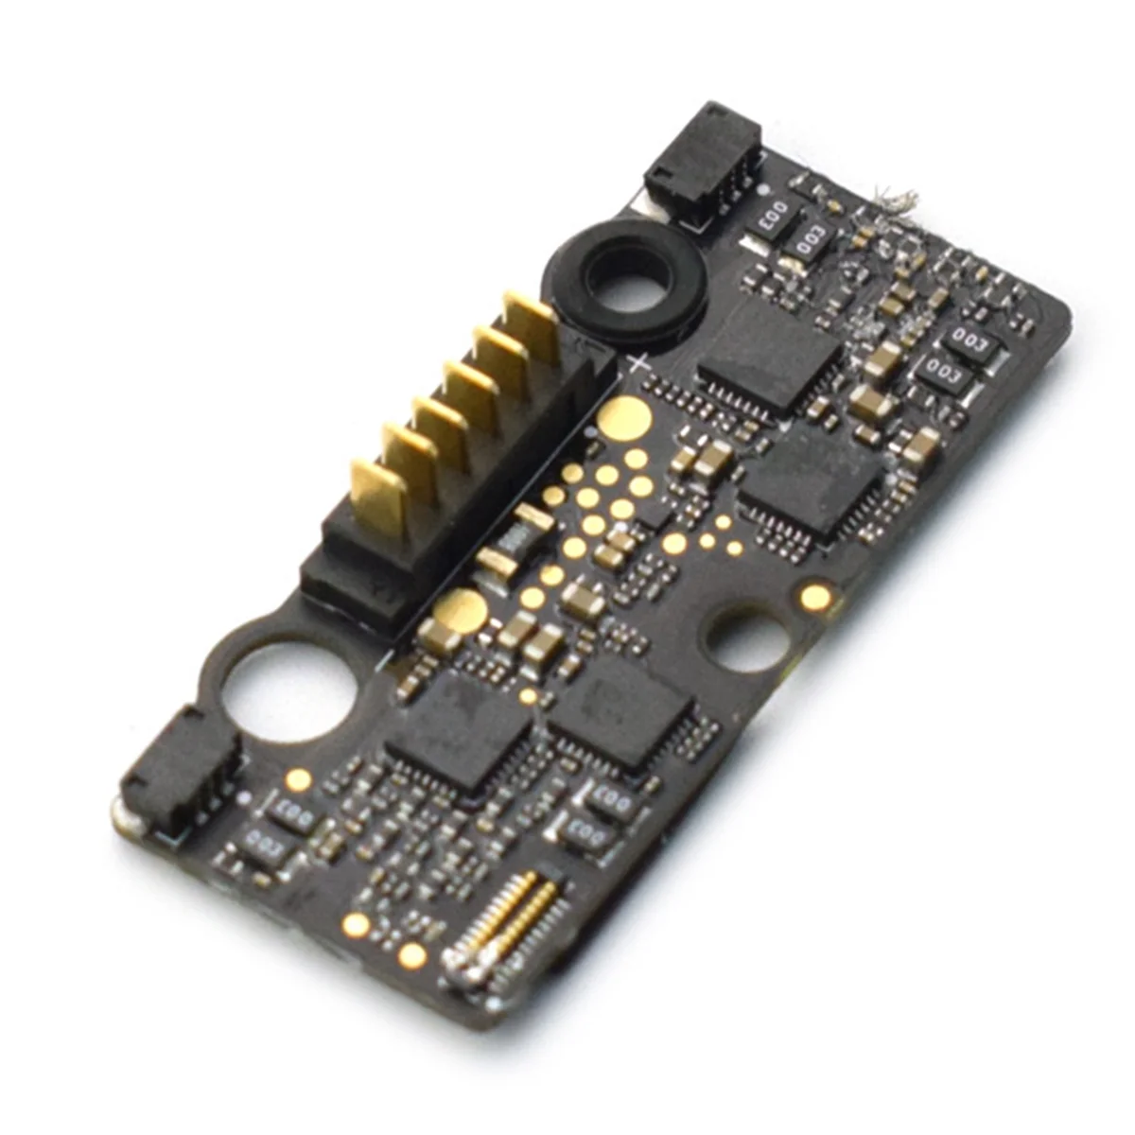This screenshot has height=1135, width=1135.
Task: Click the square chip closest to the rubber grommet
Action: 768,358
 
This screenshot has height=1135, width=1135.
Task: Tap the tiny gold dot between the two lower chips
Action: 530,696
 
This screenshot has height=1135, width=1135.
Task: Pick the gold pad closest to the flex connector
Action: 412,954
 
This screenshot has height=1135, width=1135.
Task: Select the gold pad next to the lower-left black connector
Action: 299,779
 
